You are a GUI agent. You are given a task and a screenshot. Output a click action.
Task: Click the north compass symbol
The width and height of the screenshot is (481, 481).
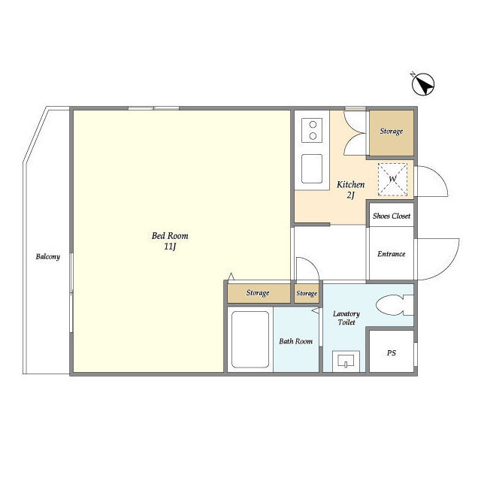[x=422, y=84]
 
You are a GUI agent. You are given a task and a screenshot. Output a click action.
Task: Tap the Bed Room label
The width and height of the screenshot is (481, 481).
[x=170, y=236]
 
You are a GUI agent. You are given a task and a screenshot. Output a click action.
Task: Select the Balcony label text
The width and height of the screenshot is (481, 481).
[x=48, y=256]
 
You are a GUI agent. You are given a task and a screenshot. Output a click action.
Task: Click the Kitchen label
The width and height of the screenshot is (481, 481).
[x=351, y=184]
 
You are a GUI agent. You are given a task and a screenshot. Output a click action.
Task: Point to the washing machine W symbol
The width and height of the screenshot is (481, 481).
[x=392, y=179]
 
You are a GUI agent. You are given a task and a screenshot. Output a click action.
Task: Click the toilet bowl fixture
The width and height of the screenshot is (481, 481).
[x=395, y=305]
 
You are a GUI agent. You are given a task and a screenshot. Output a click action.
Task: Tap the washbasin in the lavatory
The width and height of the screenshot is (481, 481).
[x=346, y=361]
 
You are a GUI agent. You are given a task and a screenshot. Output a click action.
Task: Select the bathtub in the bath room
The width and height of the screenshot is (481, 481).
[x=250, y=340]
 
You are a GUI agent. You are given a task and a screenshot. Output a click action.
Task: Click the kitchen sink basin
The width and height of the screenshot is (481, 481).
[x=312, y=168]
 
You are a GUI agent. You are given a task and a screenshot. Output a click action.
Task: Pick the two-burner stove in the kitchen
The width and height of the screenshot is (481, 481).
[x=312, y=130]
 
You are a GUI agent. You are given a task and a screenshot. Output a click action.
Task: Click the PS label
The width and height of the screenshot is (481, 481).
[x=391, y=353]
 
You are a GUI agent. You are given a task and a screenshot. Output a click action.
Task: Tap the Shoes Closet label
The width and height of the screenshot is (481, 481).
[x=392, y=216]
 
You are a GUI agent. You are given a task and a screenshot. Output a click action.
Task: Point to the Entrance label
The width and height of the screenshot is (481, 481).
[x=392, y=254]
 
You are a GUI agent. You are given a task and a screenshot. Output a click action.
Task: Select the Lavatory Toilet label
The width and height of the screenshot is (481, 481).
[x=346, y=318]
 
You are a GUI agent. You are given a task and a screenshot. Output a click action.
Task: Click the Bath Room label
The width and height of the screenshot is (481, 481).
[x=295, y=341]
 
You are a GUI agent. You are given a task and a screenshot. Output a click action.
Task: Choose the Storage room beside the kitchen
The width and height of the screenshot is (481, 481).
[x=392, y=133]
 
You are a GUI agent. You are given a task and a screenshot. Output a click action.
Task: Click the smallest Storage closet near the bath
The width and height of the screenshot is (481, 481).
[x=307, y=293]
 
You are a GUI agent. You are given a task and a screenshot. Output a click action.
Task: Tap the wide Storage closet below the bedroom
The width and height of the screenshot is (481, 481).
[x=259, y=293]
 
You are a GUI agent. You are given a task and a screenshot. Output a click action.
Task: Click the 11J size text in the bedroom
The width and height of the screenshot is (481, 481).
[x=171, y=247]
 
